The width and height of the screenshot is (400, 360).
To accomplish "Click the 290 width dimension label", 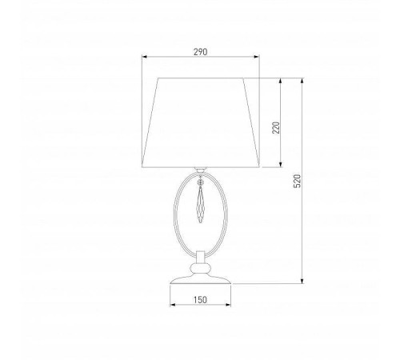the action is click(x=200, y=52).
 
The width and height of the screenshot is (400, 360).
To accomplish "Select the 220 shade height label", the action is click(x=276, y=128).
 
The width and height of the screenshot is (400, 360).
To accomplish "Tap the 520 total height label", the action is click(x=297, y=181).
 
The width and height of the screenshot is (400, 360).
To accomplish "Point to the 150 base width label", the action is click(x=200, y=300).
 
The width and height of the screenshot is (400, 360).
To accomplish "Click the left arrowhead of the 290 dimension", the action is click(x=144, y=57).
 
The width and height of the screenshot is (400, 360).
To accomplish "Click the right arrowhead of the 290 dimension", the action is click(x=257, y=57).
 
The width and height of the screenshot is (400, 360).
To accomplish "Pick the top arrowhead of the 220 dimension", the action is click(x=280, y=81).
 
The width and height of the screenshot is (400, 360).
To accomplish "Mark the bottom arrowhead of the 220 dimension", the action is click(x=280, y=165).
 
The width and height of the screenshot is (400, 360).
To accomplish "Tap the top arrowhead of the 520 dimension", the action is click(x=302, y=81).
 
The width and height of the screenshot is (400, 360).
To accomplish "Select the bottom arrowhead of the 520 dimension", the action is click(x=302, y=281).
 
